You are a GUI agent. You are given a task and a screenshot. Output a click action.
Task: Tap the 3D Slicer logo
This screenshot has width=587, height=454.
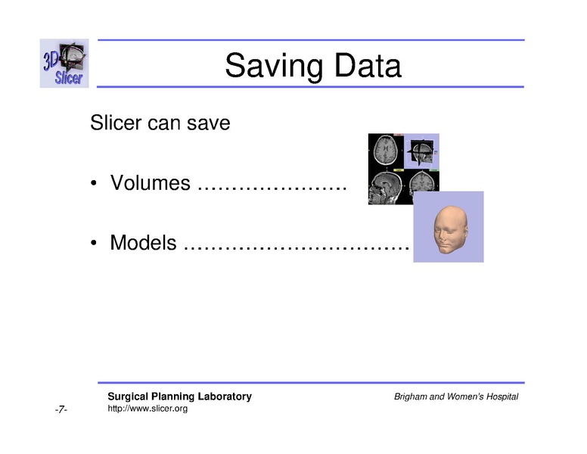click(64, 64)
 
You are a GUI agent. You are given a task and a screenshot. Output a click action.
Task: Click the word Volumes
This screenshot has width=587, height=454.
click(150, 183)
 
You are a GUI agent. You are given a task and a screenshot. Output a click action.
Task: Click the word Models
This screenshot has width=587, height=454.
click(144, 243)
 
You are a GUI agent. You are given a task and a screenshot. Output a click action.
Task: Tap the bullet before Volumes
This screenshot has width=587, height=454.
click(94, 184)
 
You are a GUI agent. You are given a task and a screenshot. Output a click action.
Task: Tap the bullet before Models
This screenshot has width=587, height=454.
click(94, 244)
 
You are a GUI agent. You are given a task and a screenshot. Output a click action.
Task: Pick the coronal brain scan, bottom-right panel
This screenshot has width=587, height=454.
click(421, 182)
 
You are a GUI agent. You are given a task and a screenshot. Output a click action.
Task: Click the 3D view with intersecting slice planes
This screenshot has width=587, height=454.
click(421, 151)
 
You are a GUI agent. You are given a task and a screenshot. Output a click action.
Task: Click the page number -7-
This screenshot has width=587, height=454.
click(61, 410)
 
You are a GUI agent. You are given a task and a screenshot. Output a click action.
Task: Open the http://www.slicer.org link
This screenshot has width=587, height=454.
click(148, 409)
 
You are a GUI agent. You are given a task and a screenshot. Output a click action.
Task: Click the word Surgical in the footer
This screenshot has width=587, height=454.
click(128, 396)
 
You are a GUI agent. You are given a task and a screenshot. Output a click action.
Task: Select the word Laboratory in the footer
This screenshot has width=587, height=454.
click(225, 396)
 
